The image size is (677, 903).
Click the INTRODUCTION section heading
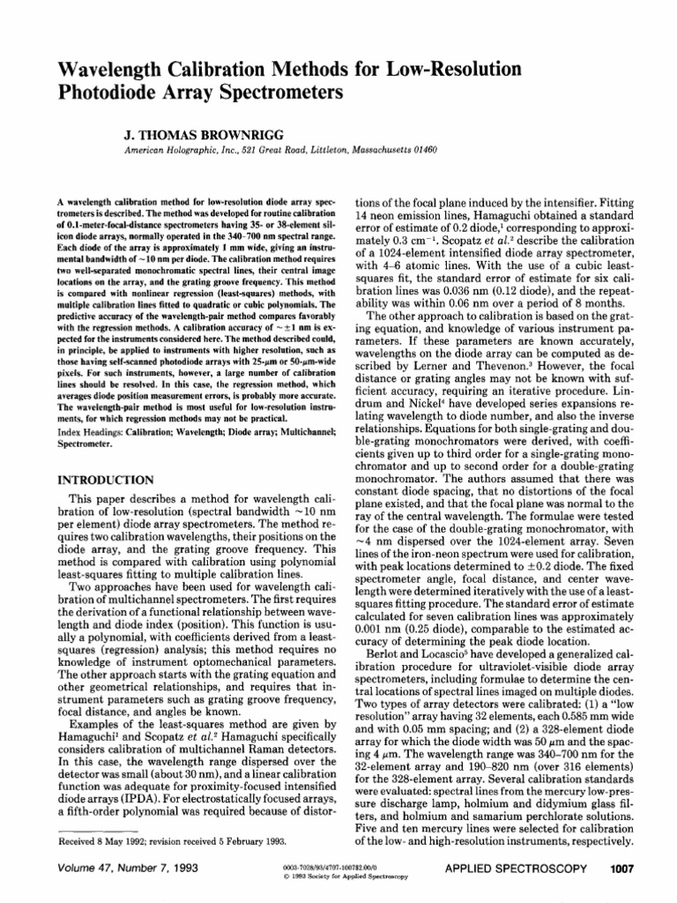point(106,479)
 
